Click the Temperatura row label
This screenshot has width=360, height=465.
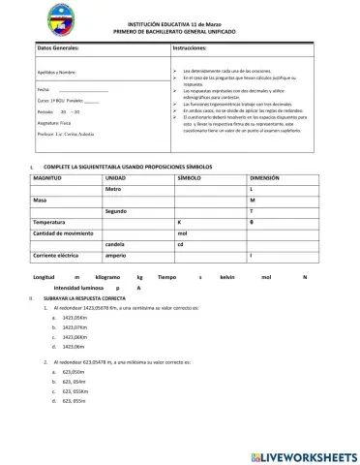51,222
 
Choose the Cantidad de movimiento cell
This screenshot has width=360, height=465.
63,233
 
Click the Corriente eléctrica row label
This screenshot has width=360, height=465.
56,256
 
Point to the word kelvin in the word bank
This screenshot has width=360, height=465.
227,277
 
